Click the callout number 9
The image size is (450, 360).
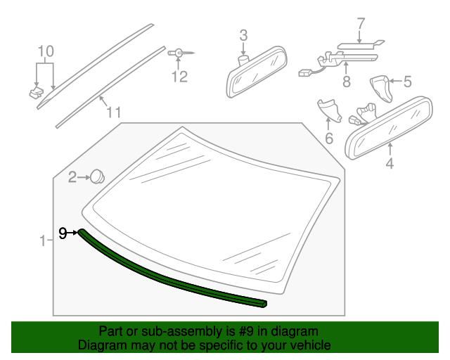point(63,233)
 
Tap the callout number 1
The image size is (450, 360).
point(41,241)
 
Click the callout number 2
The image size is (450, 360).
point(72,177)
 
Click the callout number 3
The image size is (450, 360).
point(243,34)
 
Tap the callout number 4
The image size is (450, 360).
point(389,165)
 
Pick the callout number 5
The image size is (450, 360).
point(406,82)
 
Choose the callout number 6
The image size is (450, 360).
point(328,139)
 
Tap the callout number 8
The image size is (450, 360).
point(346,82)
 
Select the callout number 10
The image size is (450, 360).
point(45,51)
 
